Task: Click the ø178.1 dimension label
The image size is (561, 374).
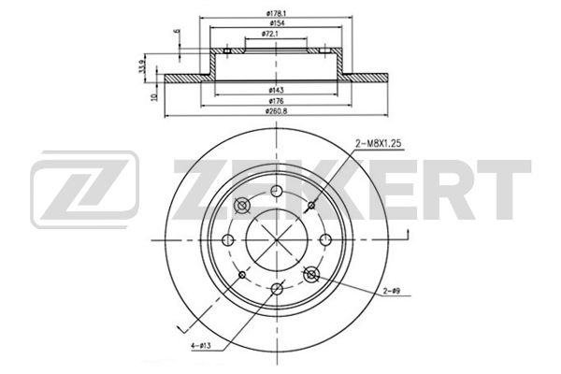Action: click(276, 13)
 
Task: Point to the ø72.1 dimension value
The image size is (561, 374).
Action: click(270, 34)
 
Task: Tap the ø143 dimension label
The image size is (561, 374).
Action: click(276, 90)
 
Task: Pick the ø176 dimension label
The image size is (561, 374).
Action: click(276, 101)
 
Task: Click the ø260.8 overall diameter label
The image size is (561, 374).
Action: click(276, 111)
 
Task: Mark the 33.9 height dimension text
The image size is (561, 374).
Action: click(142, 67)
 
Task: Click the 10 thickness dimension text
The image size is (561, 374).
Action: click(154, 96)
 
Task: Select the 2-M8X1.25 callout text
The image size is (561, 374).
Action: click(379, 143)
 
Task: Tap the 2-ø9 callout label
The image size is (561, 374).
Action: click(392, 292)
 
